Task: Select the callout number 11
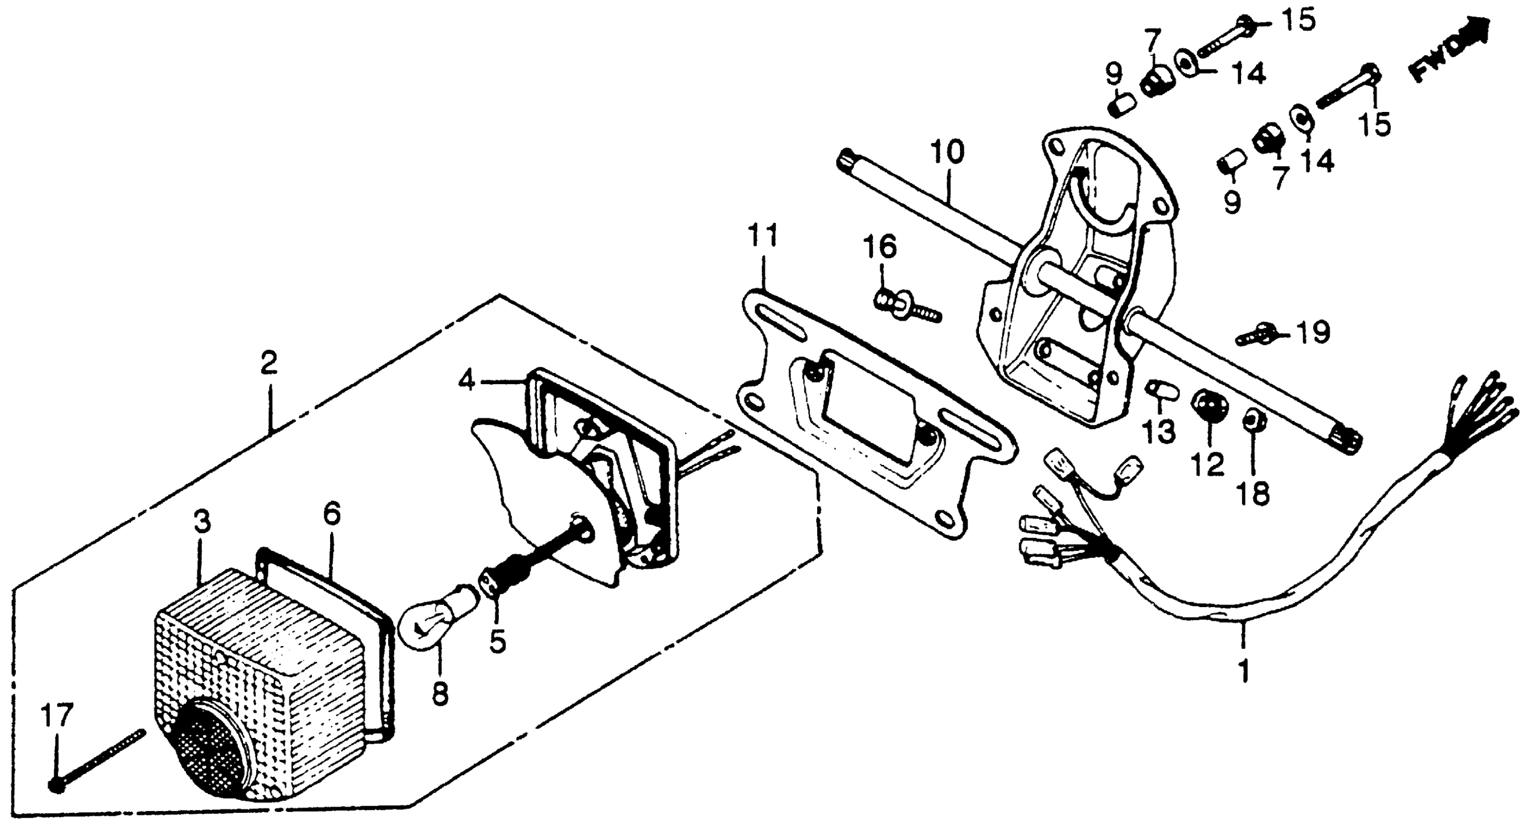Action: click(763, 236)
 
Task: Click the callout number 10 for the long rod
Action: click(947, 153)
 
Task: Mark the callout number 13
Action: click(1159, 432)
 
